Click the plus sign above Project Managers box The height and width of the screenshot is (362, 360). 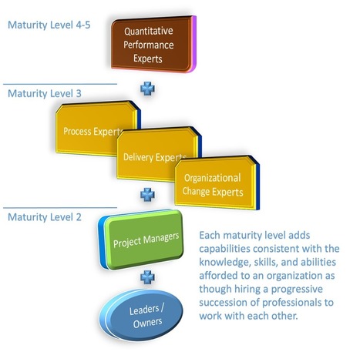[147, 194]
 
